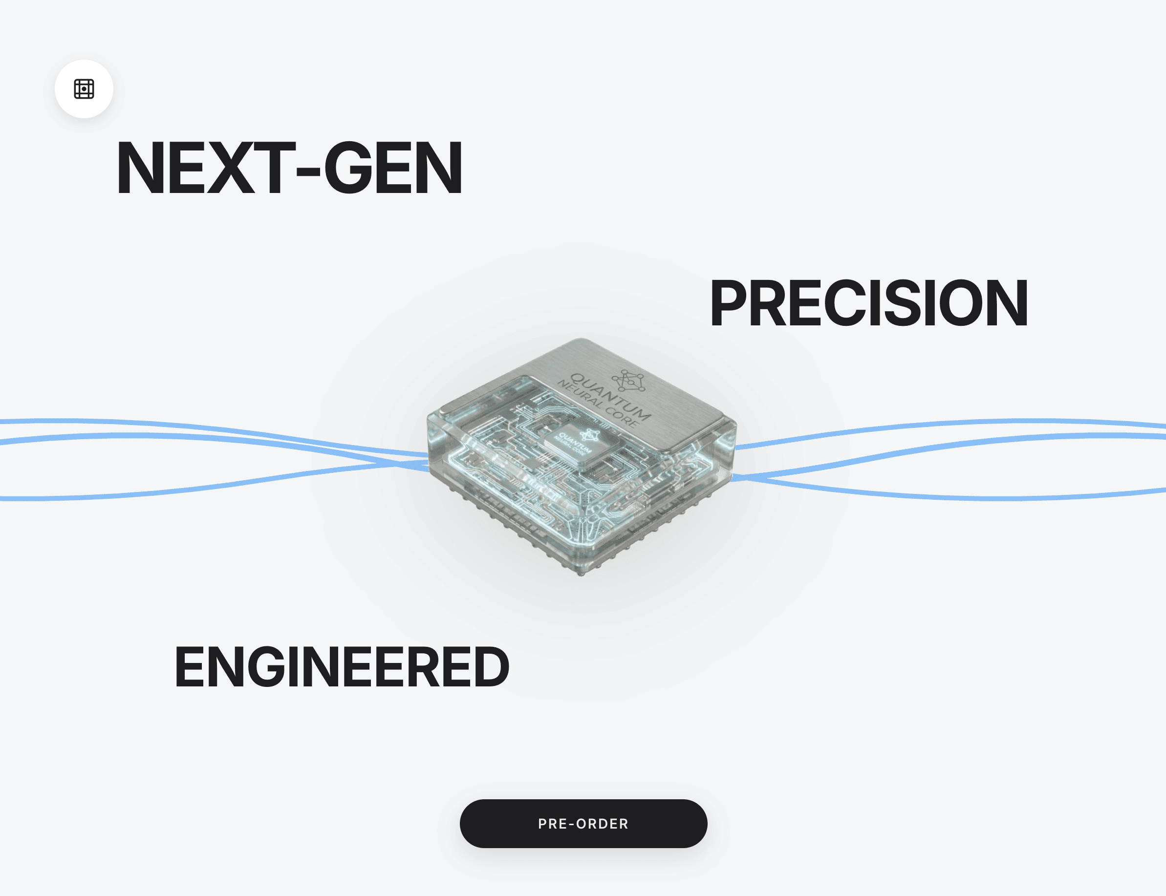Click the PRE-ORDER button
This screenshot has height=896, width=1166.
point(583,824)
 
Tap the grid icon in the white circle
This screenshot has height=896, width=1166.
point(84,89)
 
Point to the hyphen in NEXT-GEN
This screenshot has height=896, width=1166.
point(308,171)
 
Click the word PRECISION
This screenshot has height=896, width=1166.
point(868,303)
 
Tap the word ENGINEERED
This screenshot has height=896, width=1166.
point(342,667)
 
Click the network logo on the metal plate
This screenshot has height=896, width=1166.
point(629,381)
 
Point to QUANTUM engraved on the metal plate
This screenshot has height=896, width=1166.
point(611,397)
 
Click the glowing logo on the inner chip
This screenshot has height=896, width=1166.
point(589,436)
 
